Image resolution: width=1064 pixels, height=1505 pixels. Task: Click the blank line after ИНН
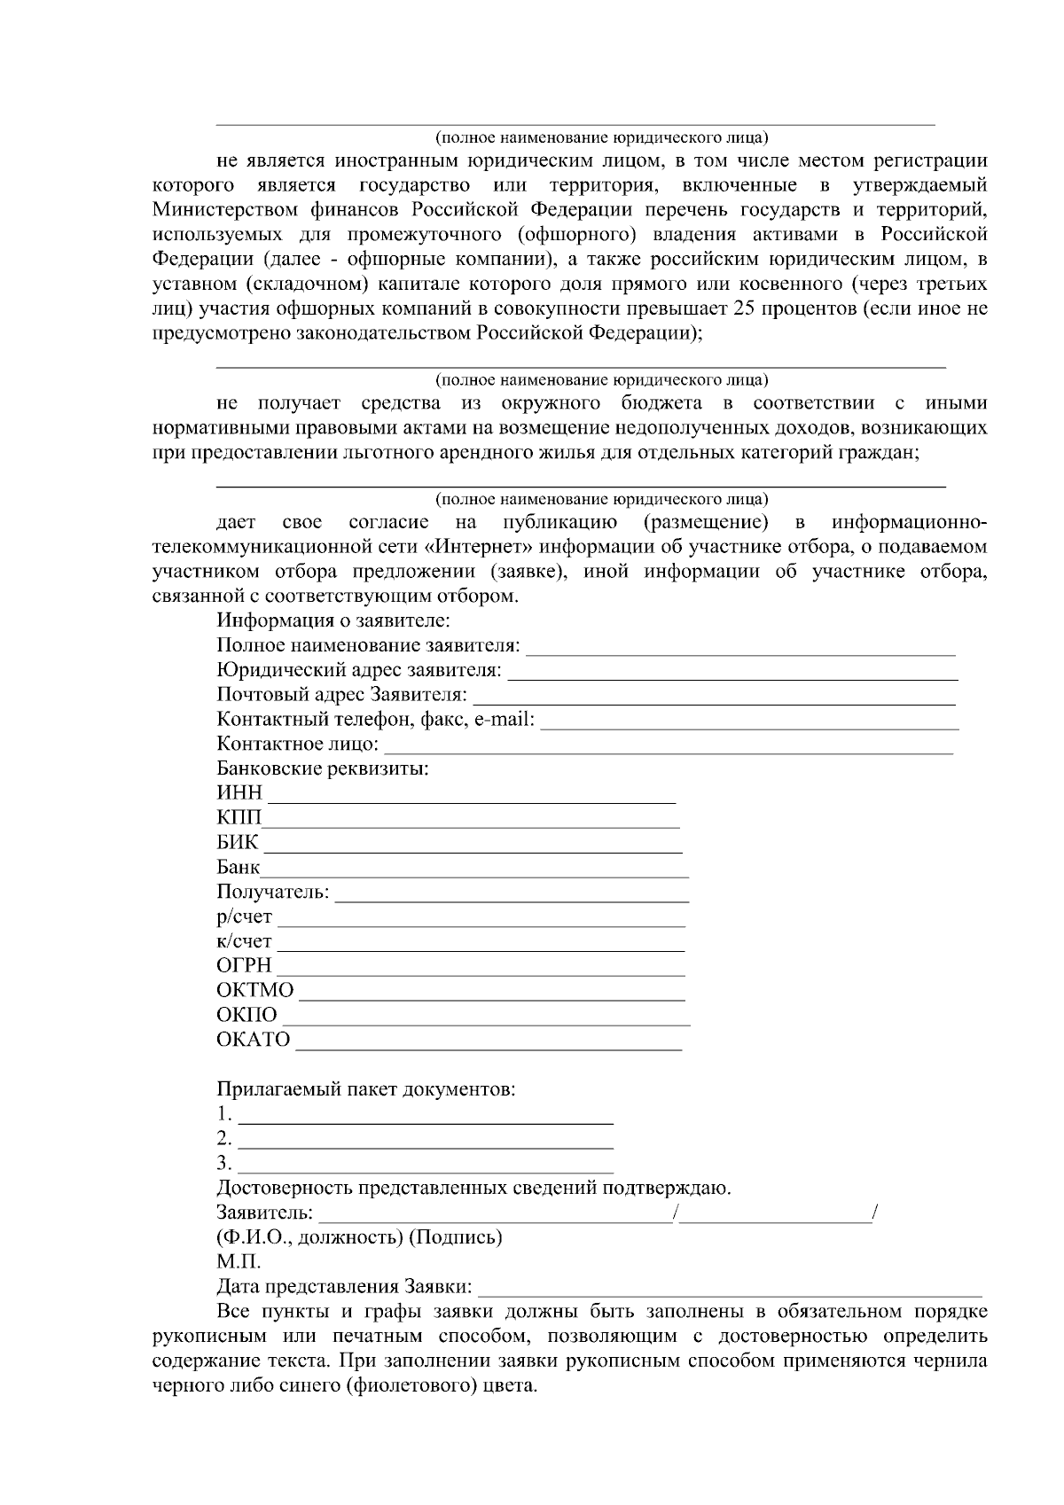pyautogui.click(x=472, y=796)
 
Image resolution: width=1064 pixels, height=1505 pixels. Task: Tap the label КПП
pyautogui.click(x=239, y=817)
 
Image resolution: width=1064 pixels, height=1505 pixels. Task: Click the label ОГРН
pyautogui.click(x=244, y=965)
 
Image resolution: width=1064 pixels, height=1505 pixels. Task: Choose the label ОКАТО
pyautogui.click(x=253, y=1040)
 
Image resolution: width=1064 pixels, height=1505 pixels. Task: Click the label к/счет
pyautogui.click(x=244, y=941)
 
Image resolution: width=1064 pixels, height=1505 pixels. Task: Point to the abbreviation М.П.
pyautogui.click(x=239, y=1261)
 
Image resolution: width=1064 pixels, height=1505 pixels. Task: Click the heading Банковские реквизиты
pyautogui.click(x=323, y=768)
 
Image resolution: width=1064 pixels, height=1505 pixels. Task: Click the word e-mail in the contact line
pyautogui.click(x=505, y=720)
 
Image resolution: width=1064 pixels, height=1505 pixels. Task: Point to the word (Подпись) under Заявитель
pyautogui.click(x=455, y=1237)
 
